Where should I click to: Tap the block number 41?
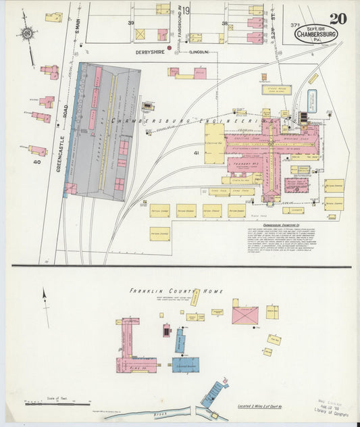[197, 153]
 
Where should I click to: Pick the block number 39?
[131, 22]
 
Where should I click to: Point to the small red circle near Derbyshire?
[169, 47]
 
